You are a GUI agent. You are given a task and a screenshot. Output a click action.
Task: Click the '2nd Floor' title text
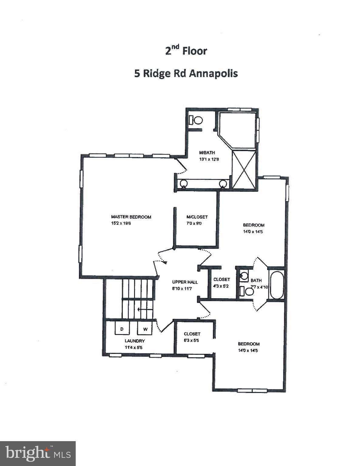coord(186,51)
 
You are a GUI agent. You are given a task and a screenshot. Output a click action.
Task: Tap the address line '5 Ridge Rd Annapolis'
coord(186,73)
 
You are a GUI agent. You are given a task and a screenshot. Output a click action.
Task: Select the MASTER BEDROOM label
coord(131,217)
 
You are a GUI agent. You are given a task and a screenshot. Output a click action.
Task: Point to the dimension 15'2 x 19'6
coord(121,224)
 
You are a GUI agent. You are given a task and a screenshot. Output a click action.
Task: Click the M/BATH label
coord(207,153)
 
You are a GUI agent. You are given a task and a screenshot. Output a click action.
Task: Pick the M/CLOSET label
coord(197,217)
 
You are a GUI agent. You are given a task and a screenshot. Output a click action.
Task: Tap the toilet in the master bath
coord(196,120)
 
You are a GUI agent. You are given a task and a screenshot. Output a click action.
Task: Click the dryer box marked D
coord(122,329)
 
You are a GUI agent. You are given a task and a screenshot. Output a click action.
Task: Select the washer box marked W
coord(145,329)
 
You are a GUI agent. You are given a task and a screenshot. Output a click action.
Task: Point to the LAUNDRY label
coord(135,341)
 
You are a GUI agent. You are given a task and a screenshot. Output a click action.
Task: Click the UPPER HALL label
coord(185,282)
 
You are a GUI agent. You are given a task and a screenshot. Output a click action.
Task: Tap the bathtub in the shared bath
coord(276,285)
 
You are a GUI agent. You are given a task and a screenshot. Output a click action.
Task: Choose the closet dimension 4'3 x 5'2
coord(221,286)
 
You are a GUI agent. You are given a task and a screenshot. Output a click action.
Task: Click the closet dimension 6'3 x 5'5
coord(191,340)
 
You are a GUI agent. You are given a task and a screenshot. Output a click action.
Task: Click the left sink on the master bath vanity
coord(183,183)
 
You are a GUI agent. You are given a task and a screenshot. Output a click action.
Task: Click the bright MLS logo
coord(38,453)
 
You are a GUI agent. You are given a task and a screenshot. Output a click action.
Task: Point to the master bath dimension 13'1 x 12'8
coord(209,159)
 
